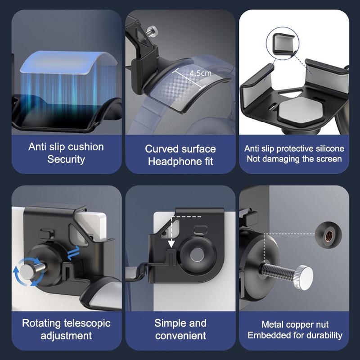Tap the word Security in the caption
click(66, 159)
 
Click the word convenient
click(180, 335)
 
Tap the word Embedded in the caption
click(269, 335)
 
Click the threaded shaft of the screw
click(277, 272)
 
